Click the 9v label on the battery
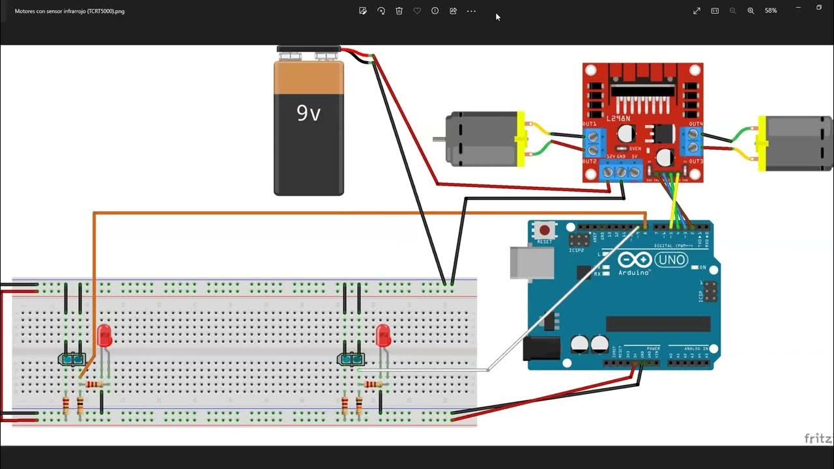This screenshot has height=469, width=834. tap(309, 113)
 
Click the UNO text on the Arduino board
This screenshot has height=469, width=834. tap(671, 260)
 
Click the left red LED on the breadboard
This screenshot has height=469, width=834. tap(104, 335)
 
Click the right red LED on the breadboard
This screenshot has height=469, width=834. tap(384, 335)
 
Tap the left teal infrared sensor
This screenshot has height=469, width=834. tap(72, 359)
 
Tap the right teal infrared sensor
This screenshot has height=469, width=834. tap(351, 359)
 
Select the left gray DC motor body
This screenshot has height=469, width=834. tap(481, 139)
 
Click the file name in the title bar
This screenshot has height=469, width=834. tap(70, 11)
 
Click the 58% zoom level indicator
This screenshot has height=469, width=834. tap(771, 11)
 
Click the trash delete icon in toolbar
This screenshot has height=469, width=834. tap(399, 11)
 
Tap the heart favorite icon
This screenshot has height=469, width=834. tap(417, 11)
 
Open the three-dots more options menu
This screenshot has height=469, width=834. tap(471, 11)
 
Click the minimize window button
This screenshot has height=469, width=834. tap(798, 8)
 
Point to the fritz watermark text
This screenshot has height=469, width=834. tap(818, 438)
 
